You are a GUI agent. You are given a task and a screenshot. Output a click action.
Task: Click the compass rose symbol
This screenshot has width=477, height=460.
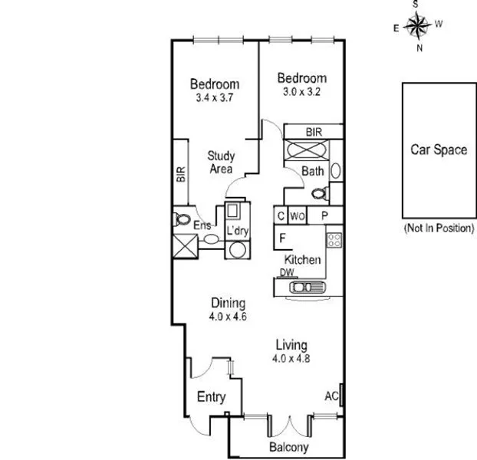click(419, 27)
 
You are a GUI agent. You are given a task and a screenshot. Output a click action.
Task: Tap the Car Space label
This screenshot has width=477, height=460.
click(438, 149)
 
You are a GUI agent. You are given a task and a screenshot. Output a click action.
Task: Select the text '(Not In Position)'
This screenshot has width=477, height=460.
click(438, 228)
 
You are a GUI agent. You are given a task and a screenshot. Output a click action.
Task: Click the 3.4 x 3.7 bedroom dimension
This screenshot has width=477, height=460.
click(215, 98)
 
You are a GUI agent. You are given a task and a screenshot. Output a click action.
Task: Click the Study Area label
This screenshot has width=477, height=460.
click(221, 163)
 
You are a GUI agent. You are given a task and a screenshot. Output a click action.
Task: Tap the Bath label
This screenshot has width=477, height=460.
click(312, 171)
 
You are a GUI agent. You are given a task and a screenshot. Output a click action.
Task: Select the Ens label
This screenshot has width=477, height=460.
click(202, 225)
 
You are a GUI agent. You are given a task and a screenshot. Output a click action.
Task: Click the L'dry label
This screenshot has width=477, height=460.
click(236, 231)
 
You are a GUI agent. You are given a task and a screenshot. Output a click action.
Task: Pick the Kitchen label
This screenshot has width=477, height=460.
click(303, 260)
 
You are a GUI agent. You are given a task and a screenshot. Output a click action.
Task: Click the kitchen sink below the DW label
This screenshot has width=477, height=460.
click(304, 287)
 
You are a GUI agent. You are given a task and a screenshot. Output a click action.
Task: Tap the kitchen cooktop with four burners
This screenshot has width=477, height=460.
click(334, 242)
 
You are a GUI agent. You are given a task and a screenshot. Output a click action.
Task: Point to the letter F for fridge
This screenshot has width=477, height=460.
click(282, 237)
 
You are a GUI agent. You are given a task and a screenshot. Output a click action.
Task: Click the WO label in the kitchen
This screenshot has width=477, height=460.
click(298, 217)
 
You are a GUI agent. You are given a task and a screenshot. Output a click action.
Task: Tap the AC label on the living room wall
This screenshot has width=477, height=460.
click(331, 396)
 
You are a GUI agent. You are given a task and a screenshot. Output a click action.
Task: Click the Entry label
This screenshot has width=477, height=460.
click(211, 397)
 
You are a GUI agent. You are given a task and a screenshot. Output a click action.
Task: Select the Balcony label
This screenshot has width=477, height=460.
click(288, 447)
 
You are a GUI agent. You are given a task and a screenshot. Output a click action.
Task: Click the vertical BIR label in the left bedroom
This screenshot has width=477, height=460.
click(181, 174)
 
